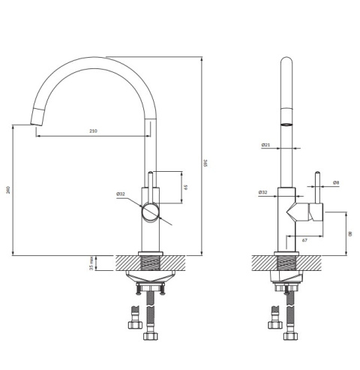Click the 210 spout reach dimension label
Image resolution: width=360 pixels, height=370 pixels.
click(x=93, y=131)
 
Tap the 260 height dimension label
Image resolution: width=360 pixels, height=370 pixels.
click(x=8, y=190)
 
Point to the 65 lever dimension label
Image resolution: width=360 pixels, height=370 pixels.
click(x=186, y=187)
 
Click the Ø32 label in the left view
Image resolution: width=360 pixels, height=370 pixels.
click(x=121, y=194)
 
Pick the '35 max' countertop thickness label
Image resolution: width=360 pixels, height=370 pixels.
click(x=91, y=263)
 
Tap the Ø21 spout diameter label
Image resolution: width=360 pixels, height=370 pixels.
click(x=265, y=145)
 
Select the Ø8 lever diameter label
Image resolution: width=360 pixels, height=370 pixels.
click(x=336, y=182)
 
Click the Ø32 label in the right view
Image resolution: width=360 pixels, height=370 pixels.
click(x=262, y=192)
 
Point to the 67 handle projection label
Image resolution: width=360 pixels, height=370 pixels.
click(x=304, y=240)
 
